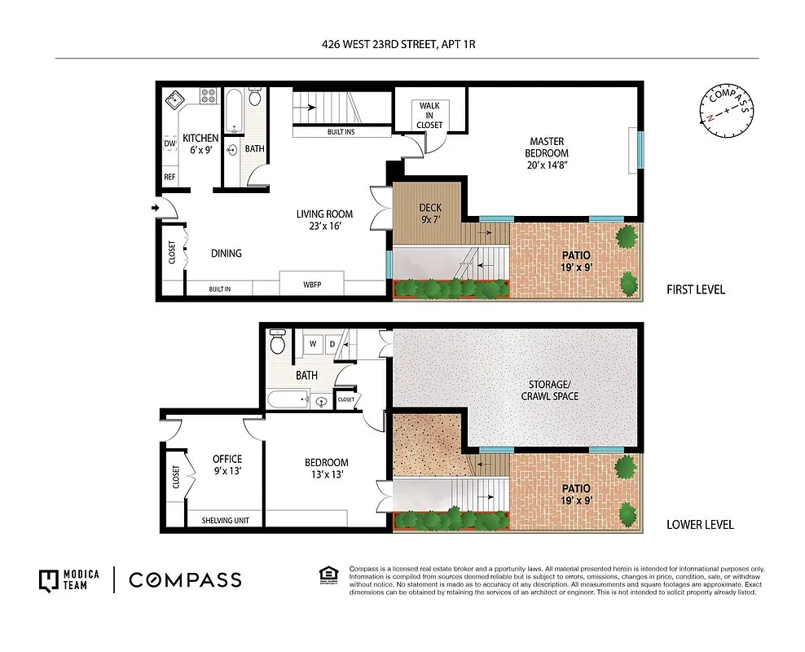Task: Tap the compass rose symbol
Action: [x=725, y=110]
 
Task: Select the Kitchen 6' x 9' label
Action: [x=200, y=144]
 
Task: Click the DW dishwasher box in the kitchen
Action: [x=169, y=144]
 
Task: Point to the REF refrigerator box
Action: [x=169, y=177]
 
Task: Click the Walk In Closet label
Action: [x=429, y=115]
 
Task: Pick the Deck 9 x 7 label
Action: [x=429, y=214]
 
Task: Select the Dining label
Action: [x=226, y=253]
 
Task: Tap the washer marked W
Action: [x=310, y=345]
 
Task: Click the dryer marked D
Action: [x=332, y=345]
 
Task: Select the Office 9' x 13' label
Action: [x=227, y=465]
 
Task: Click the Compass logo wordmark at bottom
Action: [x=185, y=580]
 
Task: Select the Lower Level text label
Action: [x=700, y=524]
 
